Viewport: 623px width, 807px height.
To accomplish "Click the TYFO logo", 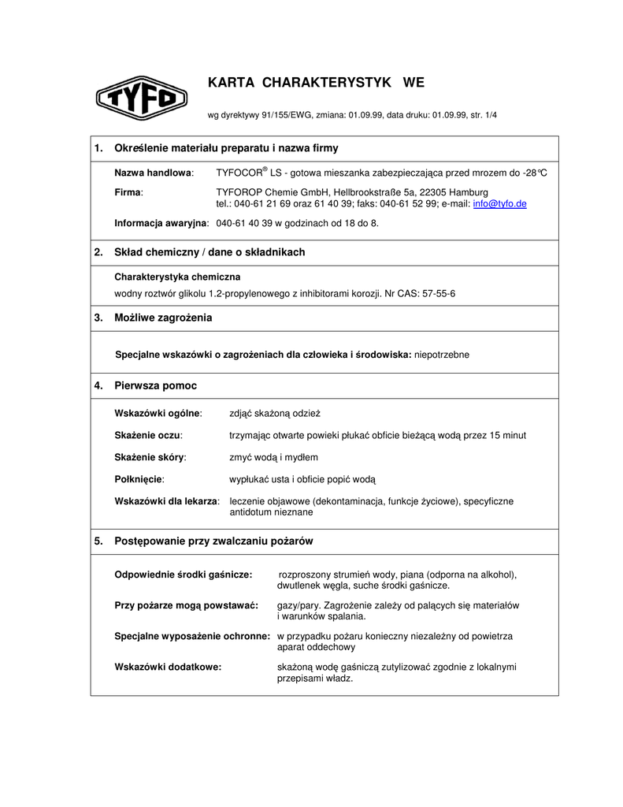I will pyautogui.click(x=141, y=99).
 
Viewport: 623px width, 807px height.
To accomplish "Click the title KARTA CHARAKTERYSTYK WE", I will pyautogui.click(x=315, y=83).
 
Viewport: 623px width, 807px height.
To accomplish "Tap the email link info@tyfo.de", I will pyautogui.click(x=499, y=203).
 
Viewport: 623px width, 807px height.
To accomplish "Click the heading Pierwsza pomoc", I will pyautogui.click(x=155, y=385).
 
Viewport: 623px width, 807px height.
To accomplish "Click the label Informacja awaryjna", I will pyautogui.click(x=161, y=223).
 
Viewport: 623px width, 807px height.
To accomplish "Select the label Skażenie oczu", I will pyautogui.click(x=148, y=435).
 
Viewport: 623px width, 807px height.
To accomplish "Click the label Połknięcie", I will pyautogui.click(x=139, y=479).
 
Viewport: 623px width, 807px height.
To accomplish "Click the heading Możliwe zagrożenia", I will pyautogui.click(x=163, y=318).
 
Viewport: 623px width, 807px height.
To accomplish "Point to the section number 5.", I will pyautogui.click(x=98, y=541).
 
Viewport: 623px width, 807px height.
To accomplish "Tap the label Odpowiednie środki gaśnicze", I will pyautogui.click(x=183, y=575).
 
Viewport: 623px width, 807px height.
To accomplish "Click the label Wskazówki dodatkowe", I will pyautogui.click(x=168, y=667).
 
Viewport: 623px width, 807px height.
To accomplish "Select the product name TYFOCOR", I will pyautogui.click(x=239, y=173).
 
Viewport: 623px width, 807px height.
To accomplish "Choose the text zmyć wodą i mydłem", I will pyautogui.click(x=273, y=457).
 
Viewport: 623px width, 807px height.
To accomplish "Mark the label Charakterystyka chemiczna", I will pyautogui.click(x=177, y=277).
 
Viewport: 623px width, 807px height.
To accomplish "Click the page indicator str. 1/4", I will pyautogui.click(x=483, y=115).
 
